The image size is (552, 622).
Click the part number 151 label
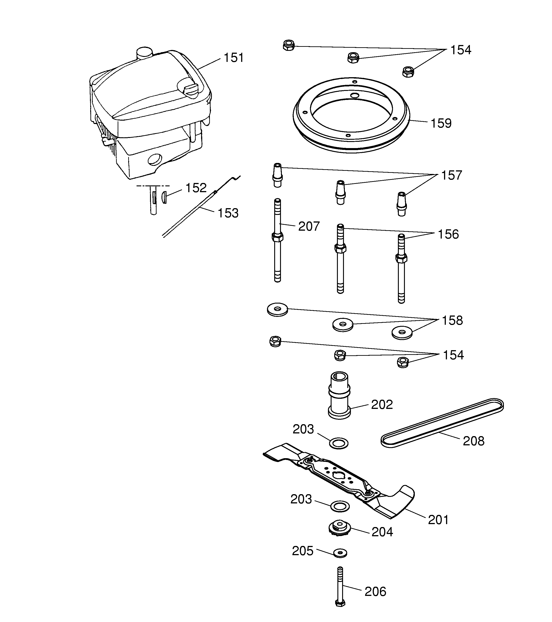(x=233, y=58)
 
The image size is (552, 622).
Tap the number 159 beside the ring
(x=441, y=123)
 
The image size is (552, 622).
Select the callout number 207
(x=309, y=226)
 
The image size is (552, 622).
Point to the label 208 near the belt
(x=473, y=441)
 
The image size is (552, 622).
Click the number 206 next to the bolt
(x=375, y=592)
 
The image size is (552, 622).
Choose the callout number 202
(x=382, y=404)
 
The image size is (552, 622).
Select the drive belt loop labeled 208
(x=442, y=422)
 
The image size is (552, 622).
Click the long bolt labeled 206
(x=340, y=587)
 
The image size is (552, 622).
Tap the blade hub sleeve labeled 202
(x=339, y=395)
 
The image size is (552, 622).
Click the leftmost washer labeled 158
(x=277, y=309)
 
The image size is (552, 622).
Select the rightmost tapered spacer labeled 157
(x=402, y=204)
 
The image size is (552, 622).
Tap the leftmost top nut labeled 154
(x=289, y=45)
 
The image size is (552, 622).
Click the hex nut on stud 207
(x=277, y=237)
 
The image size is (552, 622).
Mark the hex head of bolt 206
(x=340, y=603)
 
